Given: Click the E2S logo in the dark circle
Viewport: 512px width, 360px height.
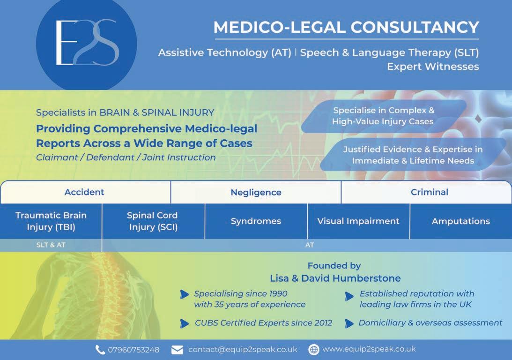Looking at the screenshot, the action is pyautogui.click(x=87, y=43).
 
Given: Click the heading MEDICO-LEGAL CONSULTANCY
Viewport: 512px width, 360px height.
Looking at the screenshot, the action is pyautogui.click(x=346, y=27).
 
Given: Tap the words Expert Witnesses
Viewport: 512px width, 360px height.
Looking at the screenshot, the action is pyautogui.click(x=433, y=67).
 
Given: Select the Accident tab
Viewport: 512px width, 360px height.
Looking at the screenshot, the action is pyautogui.click(x=84, y=192).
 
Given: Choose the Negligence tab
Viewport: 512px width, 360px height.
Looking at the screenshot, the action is pyautogui.click(x=256, y=193).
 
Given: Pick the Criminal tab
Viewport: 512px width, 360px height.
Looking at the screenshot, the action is pyautogui.click(x=429, y=192).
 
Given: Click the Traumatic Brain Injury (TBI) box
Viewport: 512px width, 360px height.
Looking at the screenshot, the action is pyautogui.click(x=51, y=221).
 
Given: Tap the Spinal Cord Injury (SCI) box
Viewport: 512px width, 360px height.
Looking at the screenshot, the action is pyautogui.click(x=152, y=221).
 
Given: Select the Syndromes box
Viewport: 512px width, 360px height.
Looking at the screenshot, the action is pyautogui.click(x=256, y=221).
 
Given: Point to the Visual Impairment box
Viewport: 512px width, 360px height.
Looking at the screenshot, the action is pyautogui.click(x=358, y=221).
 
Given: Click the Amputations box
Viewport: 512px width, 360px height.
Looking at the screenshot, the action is pyautogui.click(x=460, y=221).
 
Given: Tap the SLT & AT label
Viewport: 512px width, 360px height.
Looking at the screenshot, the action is pyautogui.click(x=51, y=245).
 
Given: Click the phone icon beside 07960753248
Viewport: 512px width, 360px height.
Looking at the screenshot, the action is pyautogui.click(x=100, y=350).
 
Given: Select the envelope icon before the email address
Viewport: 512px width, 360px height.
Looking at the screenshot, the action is pyautogui.click(x=177, y=350).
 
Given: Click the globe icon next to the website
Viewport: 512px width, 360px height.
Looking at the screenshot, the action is pyautogui.click(x=314, y=350).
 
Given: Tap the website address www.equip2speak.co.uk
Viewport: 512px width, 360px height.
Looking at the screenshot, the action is pyautogui.click(x=369, y=349).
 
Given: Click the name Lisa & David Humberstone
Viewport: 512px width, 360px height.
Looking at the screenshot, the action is pyautogui.click(x=335, y=278).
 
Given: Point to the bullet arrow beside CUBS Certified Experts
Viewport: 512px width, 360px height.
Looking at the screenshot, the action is pyautogui.click(x=184, y=323).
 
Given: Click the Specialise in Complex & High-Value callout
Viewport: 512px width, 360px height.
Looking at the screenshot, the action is pyautogui.click(x=383, y=116).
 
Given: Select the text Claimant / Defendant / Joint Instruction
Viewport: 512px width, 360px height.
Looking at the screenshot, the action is pyautogui.click(x=126, y=157).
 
